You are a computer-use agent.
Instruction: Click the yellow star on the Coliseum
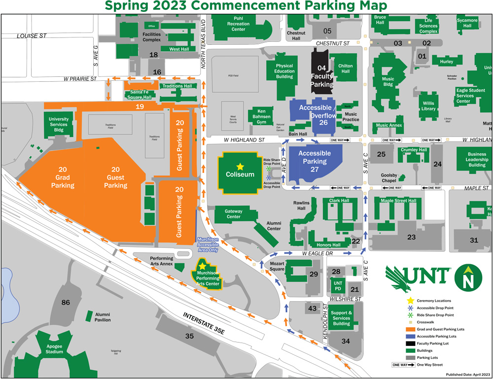240,167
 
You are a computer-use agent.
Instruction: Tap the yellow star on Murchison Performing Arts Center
202,266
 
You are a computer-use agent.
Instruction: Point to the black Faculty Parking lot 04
321,76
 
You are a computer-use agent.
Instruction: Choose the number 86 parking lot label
66,302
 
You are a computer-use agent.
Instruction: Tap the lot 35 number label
189,336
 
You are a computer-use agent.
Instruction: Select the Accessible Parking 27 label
315,161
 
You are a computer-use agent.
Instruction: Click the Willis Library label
428,106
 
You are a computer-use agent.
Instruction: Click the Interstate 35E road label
204,325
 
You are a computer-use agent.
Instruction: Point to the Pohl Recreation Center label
238,23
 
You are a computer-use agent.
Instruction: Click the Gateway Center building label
233,213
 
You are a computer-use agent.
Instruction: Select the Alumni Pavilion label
103,317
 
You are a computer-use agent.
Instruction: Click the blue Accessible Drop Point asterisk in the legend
410,308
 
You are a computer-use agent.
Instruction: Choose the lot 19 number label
140,106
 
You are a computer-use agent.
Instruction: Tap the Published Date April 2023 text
467,375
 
